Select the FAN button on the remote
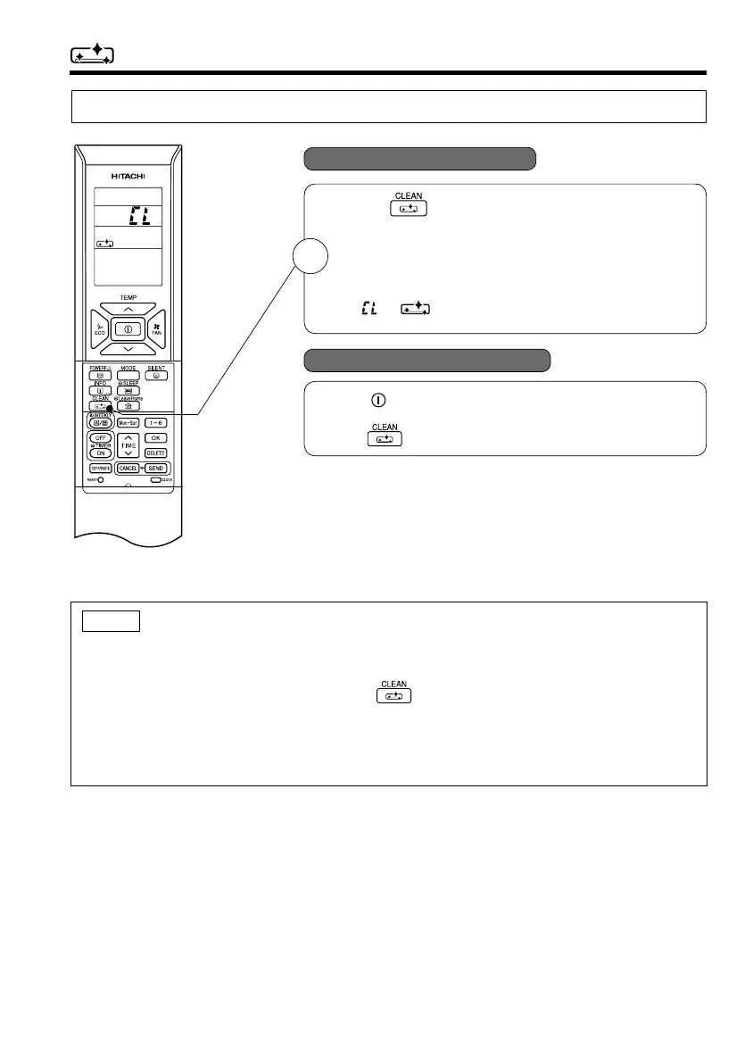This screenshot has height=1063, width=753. click(x=155, y=327)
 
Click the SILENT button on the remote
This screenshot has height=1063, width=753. click(x=156, y=376)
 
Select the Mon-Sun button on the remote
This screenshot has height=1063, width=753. click(x=128, y=422)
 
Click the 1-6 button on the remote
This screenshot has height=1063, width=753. click(x=156, y=422)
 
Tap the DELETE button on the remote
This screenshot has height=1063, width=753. click(x=156, y=453)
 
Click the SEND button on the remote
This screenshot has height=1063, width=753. click(x=156, y=469)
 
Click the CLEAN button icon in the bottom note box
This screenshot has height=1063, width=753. click(x=394, y=696)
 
